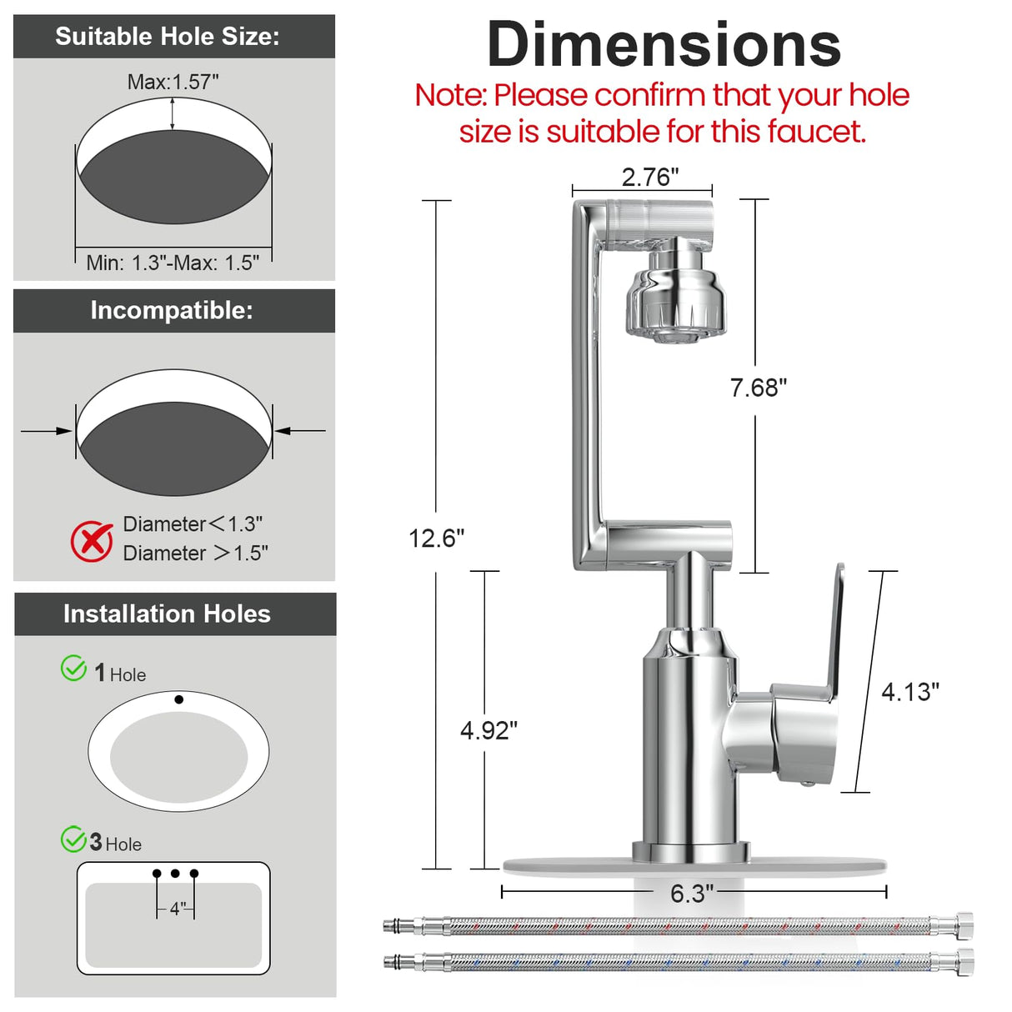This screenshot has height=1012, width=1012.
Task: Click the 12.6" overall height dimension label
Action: (437, 539)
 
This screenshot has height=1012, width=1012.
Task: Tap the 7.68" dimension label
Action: (759, 388)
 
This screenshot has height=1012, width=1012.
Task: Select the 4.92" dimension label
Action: (488, 731)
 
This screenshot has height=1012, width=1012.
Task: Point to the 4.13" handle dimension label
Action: (910, 692)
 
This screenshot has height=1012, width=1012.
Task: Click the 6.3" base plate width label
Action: (692, 894)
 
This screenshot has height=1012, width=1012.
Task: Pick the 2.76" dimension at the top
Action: (650, 177)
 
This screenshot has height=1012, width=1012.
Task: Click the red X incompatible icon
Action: (92, 542)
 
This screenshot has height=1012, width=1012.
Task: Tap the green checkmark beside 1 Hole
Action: (73, 669)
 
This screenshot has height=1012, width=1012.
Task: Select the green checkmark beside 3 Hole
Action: (73, 839)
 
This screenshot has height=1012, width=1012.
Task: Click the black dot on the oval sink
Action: (179, 699)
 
